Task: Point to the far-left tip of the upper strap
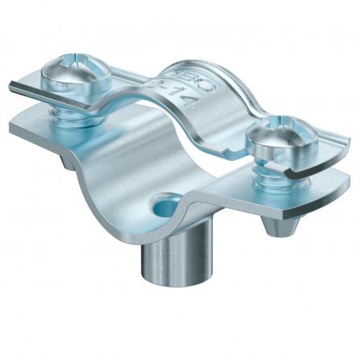pos(12,85)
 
